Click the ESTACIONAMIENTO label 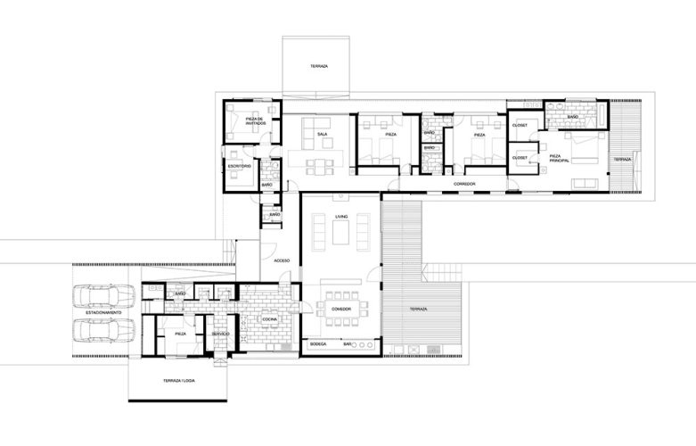103,314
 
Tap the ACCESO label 282,260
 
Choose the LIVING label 340,217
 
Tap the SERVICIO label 220,334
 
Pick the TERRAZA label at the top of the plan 318,68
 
